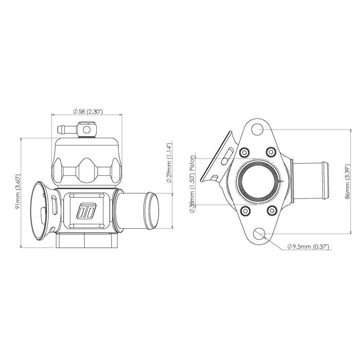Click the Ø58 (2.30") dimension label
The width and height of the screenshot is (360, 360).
[x=87, y=112]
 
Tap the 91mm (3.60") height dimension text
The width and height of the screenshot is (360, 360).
[x=17, y=192]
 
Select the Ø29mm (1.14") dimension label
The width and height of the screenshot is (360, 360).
[x=169, y=163]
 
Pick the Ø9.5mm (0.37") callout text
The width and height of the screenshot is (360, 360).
[x=309, y=247]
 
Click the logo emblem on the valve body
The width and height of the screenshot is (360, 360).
[x=86, y=210]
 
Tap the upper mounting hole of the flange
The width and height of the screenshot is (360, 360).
[x=257, y=129]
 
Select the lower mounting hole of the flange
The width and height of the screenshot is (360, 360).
[x=259, y=233]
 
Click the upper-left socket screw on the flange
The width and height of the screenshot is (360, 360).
[x=244, y=152]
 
